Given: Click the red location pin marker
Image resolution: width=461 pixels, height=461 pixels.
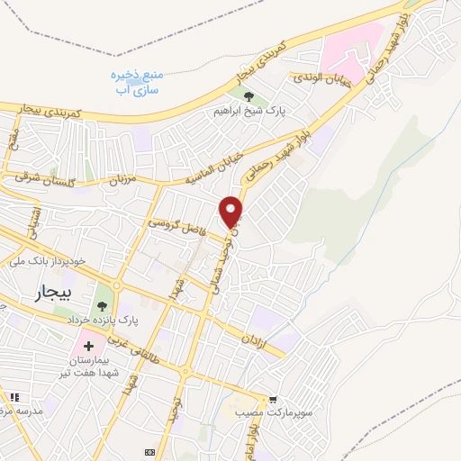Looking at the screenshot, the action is [x=232, y=212].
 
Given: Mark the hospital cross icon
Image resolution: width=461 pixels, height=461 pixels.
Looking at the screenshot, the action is [x=89, y=344].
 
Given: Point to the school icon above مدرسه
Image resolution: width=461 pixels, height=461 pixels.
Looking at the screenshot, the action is [x=14, y=397].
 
